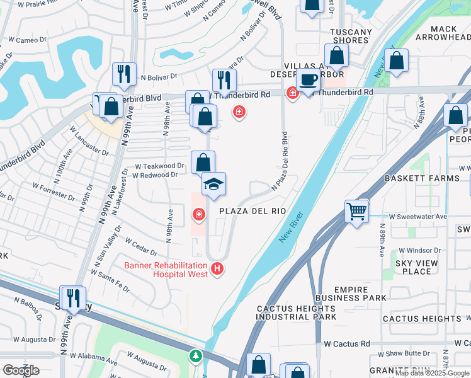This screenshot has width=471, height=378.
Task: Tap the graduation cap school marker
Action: [x=213, y=184]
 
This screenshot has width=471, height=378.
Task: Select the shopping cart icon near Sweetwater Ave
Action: [x=356, y=210]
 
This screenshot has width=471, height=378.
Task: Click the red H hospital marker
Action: [x=218, y=269]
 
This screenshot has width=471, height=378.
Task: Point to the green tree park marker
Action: [x=196, y=357]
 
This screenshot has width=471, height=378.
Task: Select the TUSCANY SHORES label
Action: [x=351, y=36]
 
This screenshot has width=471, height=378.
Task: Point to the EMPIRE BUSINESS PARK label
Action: [x=360, y=294]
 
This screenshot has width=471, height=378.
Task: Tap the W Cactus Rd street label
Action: [x=346, y=344]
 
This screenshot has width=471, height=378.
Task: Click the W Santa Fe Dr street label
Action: [x=111, y=280]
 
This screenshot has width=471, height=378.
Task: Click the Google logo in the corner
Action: [x=21, y=370]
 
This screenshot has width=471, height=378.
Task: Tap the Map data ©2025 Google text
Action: [x=432, y=373]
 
